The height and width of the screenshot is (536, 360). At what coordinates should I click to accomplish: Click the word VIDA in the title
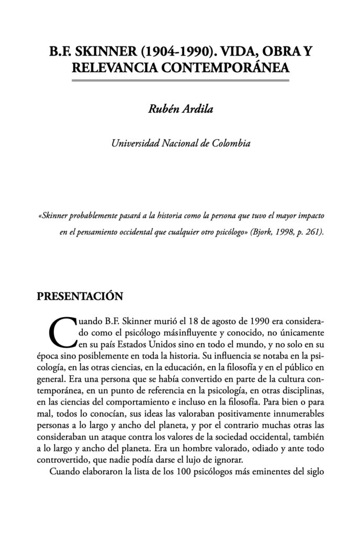click(241, 53)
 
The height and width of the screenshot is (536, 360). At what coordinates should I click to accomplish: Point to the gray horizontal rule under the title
click(180, 80)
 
